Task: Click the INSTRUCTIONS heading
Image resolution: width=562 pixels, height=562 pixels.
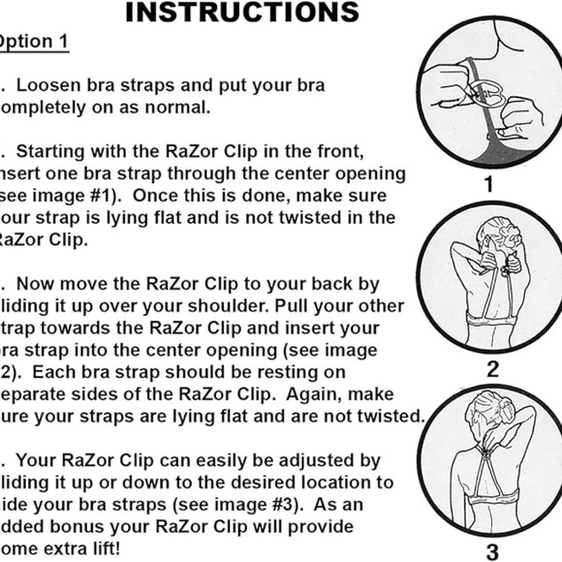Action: pyautogui.click(x=242, y=12)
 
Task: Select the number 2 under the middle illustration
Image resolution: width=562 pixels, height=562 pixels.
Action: pyautogui.click(x=492, y=369)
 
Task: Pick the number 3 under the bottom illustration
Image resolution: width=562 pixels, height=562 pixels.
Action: pyautogui.click(x=492, y=552)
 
